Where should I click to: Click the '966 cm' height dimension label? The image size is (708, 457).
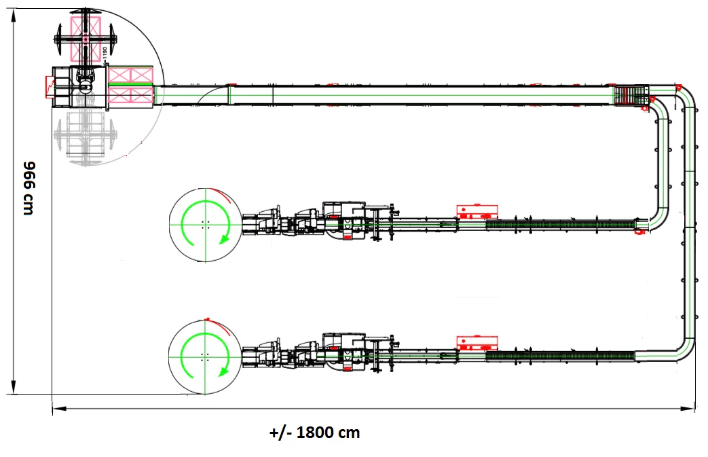[28, 188]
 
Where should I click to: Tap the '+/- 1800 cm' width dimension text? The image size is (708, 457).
[314, 433]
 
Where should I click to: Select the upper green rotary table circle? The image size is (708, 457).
[204, 223]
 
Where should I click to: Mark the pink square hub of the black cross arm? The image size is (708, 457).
[86, 40]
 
